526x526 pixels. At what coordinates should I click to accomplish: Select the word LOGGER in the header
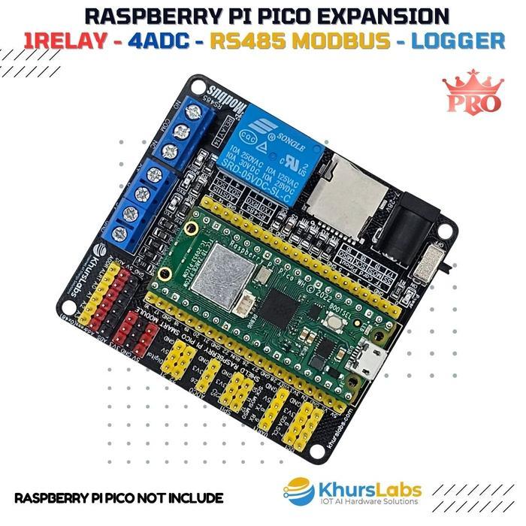(x=460, y=41)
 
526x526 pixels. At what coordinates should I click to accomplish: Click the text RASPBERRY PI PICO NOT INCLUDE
(x=119, y=497)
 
